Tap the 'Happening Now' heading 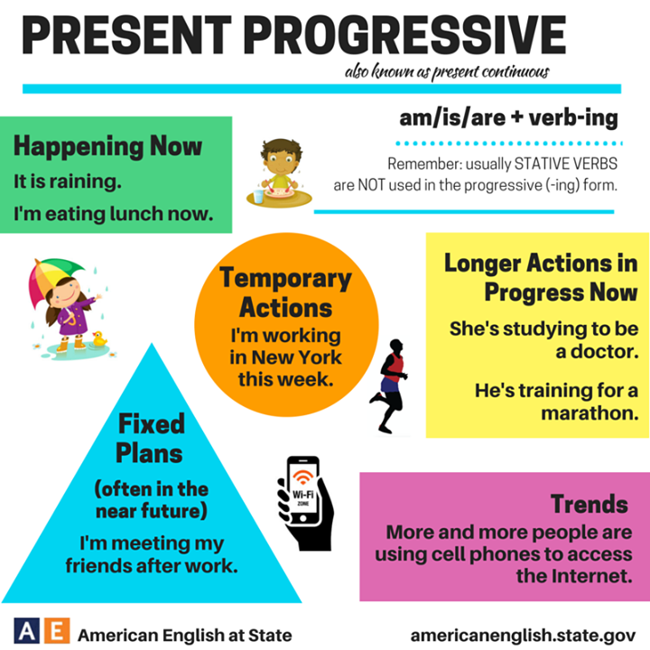click(107, 146)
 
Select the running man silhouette click(390, 384)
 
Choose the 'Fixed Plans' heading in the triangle click(150, 437)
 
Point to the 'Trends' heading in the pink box click(589, 503)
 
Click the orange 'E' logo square click(56, 630)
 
